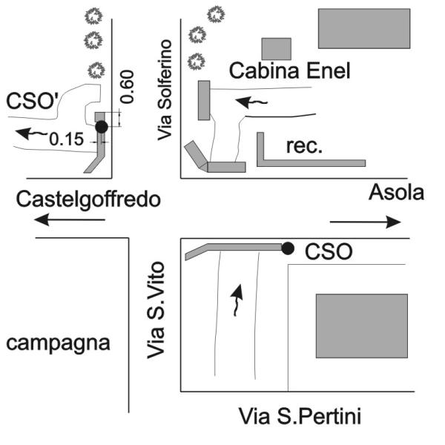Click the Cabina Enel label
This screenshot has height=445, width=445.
coord(289,71)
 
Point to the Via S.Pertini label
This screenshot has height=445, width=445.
coord(299,416)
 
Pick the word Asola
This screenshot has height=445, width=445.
coord(397,193)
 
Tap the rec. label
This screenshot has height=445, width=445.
coord(304,146)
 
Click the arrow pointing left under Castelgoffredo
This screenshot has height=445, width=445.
coord(70,220)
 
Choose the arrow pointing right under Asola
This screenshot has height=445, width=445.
coord(365,221)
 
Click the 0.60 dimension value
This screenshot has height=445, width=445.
coord(128,88)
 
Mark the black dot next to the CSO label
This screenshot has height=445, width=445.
coord(288,248)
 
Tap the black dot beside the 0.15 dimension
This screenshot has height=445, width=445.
coord(102,127)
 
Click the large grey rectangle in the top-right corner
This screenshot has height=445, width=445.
coord(364,28)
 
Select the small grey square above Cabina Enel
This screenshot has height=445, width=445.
coord(276,48)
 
